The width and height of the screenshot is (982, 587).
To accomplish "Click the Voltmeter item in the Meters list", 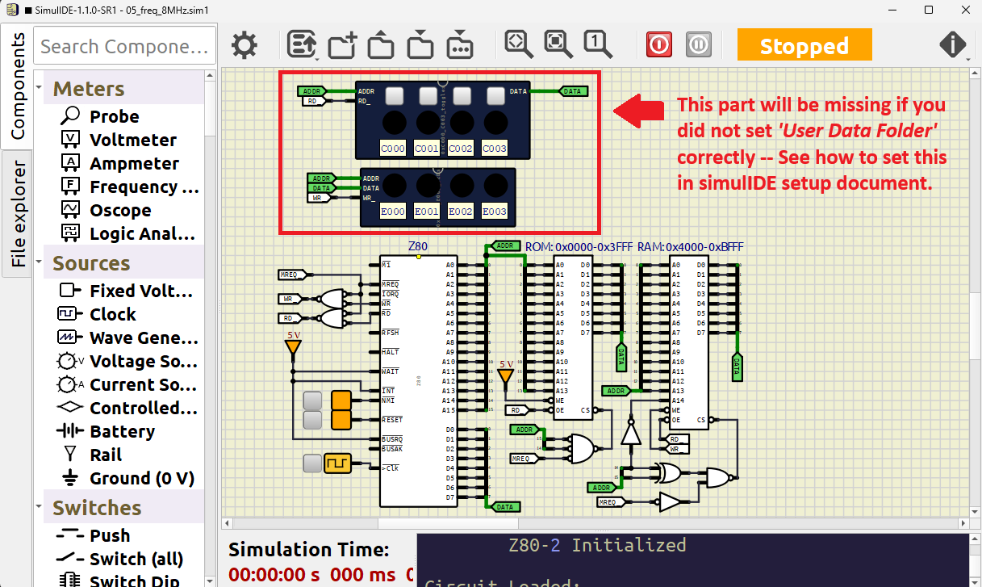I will (x=132, y=140).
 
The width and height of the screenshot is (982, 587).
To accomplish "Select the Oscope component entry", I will (x=119, y=210).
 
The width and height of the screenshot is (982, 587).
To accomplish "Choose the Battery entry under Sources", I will (x=122, y=431).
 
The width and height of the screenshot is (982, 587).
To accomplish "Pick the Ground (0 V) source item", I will (x=141, y=478).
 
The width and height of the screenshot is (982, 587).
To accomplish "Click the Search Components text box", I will (x=125, y=46).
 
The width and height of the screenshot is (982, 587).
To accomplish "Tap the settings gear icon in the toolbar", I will (x=244, y=44).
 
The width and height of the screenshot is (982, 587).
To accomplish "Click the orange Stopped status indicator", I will (x=804, y=45).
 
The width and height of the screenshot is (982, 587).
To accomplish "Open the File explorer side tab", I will (x=18, y=214).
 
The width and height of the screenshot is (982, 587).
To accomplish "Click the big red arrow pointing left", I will (x=640, y=111).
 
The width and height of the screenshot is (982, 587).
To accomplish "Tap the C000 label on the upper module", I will (x=393, y=149).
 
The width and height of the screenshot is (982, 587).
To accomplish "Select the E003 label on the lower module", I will (x=494, y=212).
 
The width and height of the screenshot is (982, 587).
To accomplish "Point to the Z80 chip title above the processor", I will (x=418, y=245).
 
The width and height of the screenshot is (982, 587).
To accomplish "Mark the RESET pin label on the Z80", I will (x=393, y=420).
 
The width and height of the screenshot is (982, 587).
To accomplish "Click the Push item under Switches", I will (x=110, y=535).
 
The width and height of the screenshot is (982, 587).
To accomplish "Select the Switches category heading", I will (x=97, y=508).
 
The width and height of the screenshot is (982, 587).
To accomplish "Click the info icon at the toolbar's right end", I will (x=953, y=44).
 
